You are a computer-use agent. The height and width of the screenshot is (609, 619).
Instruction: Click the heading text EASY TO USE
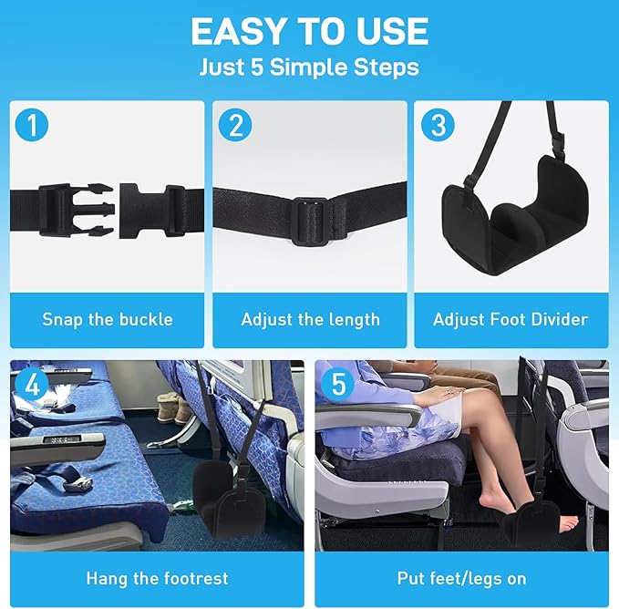[x=309, y=32]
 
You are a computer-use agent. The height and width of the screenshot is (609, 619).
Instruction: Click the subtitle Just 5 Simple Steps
[x=309, y=67]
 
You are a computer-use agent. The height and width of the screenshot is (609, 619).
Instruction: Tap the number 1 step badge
[x=33, y=125]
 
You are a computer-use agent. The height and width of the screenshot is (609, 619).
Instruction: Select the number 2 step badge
[x=235, y=125]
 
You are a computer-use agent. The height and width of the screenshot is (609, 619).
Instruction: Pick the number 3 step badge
[x=438, y=125]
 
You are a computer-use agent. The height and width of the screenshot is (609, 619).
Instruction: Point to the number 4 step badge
[x=33, y=384]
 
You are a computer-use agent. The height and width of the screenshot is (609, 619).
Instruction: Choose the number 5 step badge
[x=338, y=384]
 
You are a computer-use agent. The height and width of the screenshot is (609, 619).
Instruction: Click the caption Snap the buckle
[x=108, y=319]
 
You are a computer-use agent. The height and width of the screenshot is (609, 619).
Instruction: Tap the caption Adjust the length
[x=310, y=319]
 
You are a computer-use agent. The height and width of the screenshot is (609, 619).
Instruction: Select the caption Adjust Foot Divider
[x=511, y=319]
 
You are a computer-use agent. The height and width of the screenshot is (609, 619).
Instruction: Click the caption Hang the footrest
[x=157, y=578]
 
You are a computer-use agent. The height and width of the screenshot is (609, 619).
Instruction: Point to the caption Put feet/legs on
[x=461, y=578]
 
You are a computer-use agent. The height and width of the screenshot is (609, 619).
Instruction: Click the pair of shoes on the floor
[x=171, y=408]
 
